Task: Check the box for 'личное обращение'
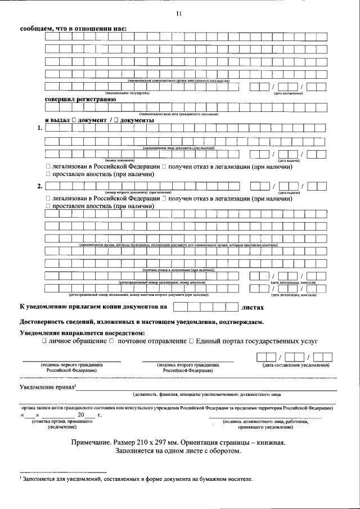coord(44,341)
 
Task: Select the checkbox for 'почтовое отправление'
coord(111,341)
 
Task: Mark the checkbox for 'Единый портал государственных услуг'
coord(192,341)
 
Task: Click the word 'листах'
coord(252,308)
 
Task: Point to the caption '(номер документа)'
coord(126,161)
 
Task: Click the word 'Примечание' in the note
coord(92,443)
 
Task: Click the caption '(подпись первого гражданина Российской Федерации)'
coord(71,368)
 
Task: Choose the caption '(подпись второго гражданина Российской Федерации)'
coord(188,368)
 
